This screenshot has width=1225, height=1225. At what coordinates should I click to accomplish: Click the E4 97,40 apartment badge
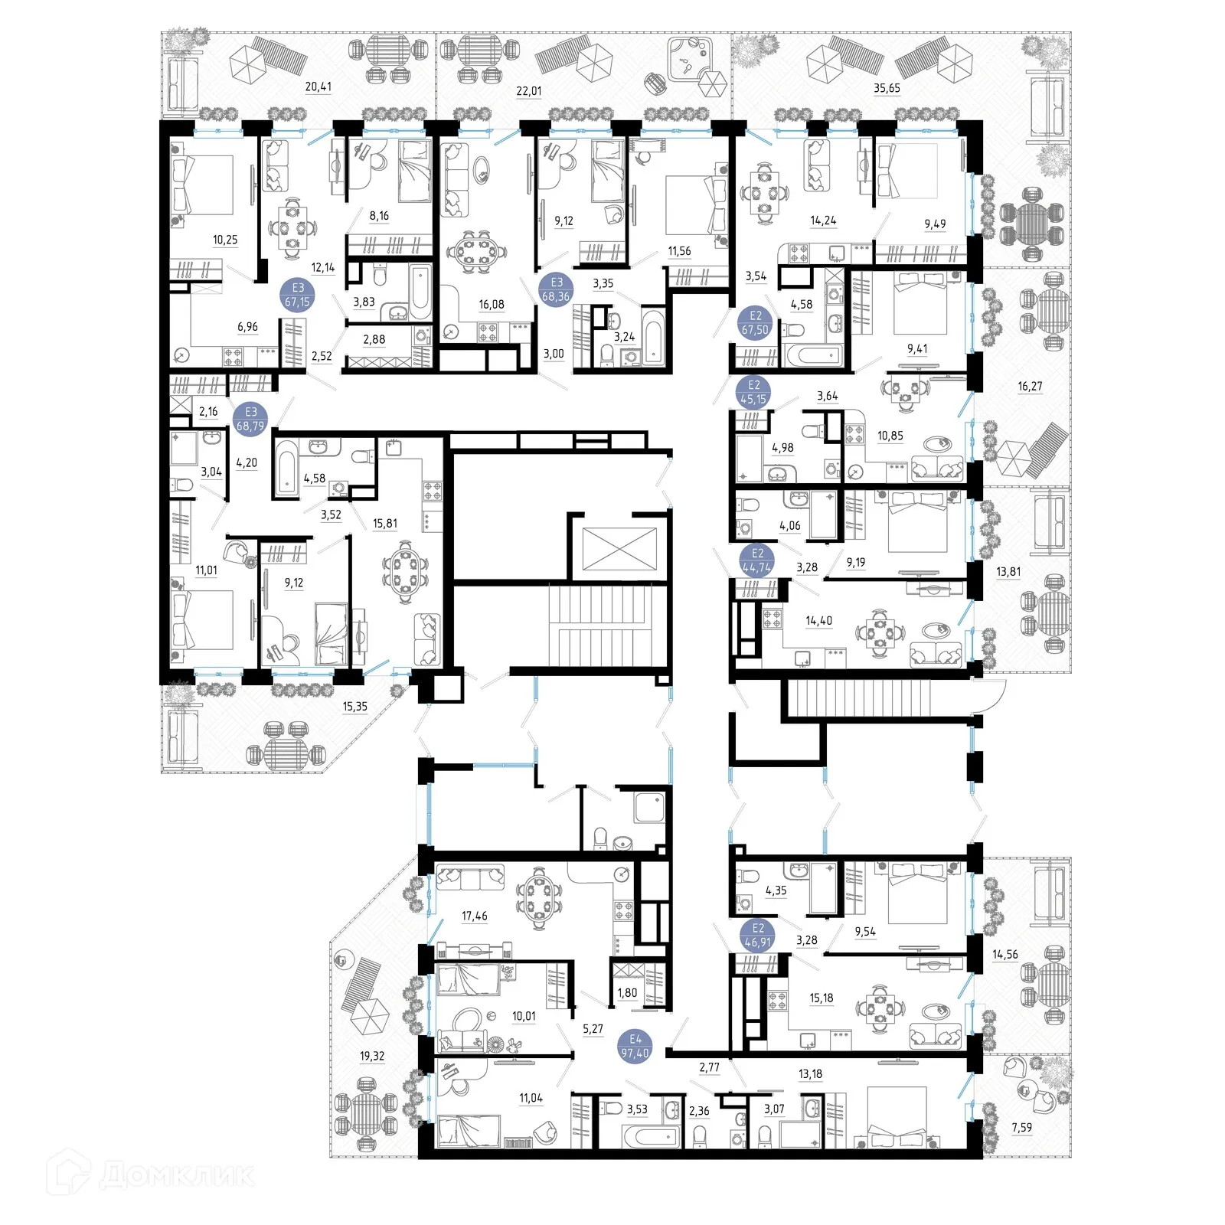coord(635,1047)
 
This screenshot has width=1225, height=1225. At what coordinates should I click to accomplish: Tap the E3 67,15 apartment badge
coord(298,295)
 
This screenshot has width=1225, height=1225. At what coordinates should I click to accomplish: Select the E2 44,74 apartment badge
coord(757,560)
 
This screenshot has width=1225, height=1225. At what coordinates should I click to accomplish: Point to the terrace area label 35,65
coord(887,88)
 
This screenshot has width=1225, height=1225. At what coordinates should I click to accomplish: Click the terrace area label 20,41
coord(318,87)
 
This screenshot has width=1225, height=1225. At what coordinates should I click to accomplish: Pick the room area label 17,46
coord(475,916)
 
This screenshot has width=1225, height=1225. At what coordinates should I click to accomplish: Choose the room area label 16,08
coord(492,304)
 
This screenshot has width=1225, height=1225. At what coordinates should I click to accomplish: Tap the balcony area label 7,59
coord(1021,1127)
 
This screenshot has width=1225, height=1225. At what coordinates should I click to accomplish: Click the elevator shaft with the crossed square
coord(619,549)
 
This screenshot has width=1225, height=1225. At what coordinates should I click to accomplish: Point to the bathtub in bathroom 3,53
coord(652,1135)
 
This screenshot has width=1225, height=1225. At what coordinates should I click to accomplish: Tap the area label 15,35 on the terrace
coord(354,707)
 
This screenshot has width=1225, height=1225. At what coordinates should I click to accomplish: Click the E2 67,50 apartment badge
coord(755,323)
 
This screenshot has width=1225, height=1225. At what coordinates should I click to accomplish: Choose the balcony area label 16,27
coord(1030,387)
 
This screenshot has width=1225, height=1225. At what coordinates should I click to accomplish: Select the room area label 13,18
coord(810,1074)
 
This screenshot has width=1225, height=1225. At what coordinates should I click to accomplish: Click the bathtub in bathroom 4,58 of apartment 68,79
coord(286,467)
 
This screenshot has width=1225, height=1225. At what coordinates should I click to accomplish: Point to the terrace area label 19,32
coord(372,1056)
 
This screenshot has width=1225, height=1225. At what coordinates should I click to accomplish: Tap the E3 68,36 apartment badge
coord(557,289)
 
